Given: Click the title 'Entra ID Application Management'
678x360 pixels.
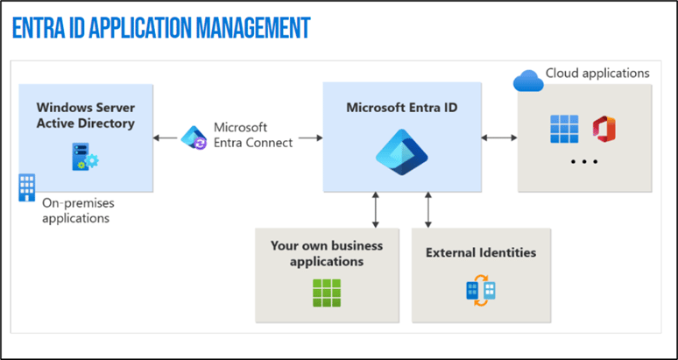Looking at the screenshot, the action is tap(161, 28).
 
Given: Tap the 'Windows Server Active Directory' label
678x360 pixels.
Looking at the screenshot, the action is tap(86, 116).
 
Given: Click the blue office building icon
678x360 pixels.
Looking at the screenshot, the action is tap(27, 187).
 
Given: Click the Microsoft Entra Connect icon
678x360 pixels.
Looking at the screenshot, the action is tap(194, 138).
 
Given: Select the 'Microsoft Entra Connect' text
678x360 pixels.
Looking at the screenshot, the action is tap(253, 135).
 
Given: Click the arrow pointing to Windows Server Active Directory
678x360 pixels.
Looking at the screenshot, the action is tap(166, 138).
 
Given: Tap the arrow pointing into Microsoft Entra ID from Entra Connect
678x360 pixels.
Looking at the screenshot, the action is tap(310, 138).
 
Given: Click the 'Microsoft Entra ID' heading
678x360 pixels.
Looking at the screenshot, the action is tap(402, 108).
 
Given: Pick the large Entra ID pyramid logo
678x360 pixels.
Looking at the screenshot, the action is tap(402, 152).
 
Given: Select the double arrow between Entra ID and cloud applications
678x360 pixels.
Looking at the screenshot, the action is tap(499, 138).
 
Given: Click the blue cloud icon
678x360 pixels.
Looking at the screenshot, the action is tap(528, 81).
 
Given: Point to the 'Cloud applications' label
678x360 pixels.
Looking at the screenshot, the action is tap(597, 73).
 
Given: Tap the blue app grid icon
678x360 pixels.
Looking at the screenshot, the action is tap(564, 129).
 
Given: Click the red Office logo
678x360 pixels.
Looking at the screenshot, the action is tap(604, 129).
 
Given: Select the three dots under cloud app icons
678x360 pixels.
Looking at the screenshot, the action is tap(584, 162).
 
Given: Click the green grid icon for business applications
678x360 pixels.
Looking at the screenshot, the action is tap(327, 293).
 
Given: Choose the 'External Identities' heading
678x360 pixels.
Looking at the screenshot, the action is tap(481, 252).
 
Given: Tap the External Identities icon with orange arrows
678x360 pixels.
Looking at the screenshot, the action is tap(481, 290).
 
